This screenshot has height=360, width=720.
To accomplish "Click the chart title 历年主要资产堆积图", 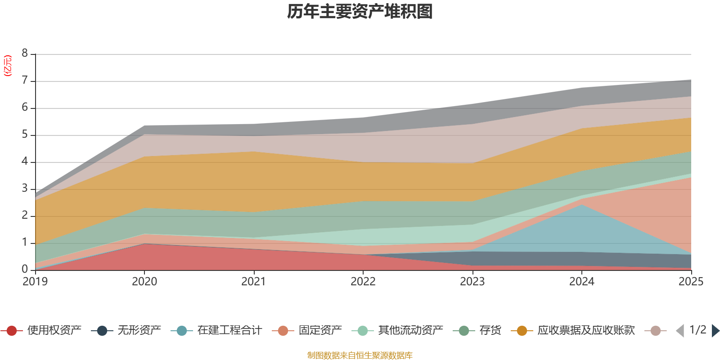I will (x=360, y=12).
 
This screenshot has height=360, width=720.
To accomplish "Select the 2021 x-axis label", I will (x=253, y=281).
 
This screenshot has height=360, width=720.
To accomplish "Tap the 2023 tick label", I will (x=472, y=281).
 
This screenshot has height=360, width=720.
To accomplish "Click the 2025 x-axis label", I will (x=690, y=281).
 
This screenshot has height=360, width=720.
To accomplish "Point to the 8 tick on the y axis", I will (x=25, y=53).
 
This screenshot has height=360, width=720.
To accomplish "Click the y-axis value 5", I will (x=25, y=135).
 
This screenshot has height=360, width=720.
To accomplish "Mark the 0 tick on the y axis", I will (x=25, y=269).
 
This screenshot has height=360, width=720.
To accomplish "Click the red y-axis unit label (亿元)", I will (x=8, y=66).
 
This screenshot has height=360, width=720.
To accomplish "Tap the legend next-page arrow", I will (x=715, y=331).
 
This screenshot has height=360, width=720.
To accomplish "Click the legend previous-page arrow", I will (x=680, y=331).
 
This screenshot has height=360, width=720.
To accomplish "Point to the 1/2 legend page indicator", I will (x=697, y=330).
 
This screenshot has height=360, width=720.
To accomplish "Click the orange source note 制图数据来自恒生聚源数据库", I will (x=360, y=355).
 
